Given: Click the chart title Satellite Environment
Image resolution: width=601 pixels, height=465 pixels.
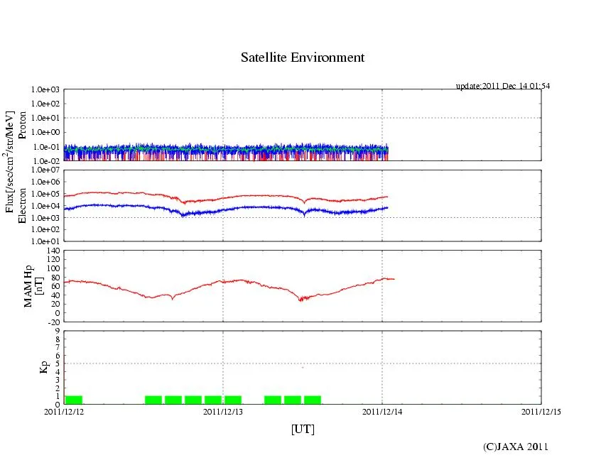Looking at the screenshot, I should (302, 58).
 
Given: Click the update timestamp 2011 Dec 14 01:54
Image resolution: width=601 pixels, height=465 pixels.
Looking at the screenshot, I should (502, 86).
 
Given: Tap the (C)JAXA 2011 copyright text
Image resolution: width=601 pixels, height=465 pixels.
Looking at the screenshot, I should (515, 447).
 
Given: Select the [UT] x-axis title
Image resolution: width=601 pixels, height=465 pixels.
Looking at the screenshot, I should (302, 429).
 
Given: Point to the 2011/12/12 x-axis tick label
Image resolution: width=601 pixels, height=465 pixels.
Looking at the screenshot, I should (64, 411).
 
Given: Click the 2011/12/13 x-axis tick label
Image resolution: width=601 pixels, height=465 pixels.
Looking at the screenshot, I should (223, 411).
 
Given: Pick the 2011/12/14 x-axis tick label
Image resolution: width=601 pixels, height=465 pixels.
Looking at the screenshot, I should (382, 411).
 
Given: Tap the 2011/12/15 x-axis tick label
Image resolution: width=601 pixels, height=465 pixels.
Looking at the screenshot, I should (541, 411).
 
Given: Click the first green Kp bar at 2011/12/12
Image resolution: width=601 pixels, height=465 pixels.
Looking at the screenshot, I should (73, 400).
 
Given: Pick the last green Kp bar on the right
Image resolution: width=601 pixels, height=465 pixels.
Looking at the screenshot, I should (312, 400).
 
